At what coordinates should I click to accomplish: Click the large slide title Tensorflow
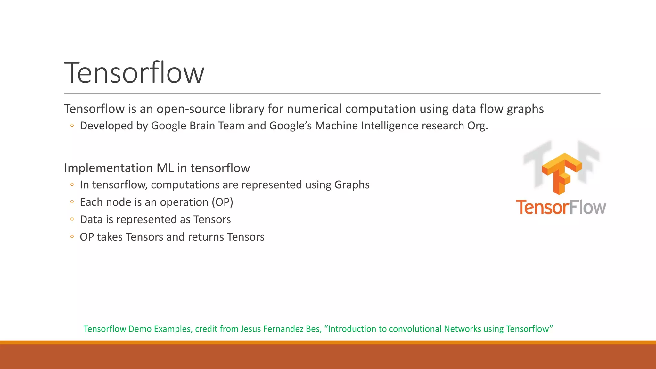point(134,73)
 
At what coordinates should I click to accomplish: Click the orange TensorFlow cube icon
point(561,173)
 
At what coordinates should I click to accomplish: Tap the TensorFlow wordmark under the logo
point(561,207)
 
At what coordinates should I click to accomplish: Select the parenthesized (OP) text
point(222,202)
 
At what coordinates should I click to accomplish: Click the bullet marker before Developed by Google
point(72,126)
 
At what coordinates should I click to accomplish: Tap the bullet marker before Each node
point(72,202)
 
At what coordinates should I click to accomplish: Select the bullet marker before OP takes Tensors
point(72,237)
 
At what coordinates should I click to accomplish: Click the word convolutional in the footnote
point(415,329)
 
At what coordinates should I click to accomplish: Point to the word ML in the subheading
point(165,168)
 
